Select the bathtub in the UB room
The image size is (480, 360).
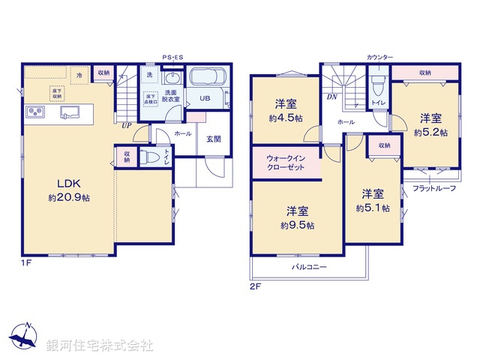[208, 77]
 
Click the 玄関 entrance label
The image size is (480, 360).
[214, 137]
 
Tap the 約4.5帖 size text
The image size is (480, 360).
[286, 118]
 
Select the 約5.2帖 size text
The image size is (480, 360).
[430, 132]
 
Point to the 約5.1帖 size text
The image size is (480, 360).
[372, 208]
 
